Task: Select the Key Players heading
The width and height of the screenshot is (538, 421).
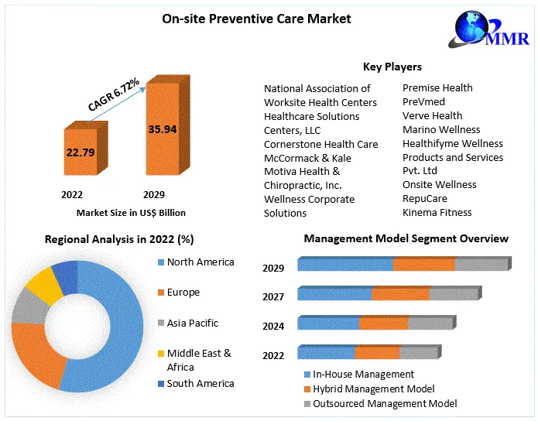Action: tap(392, 67)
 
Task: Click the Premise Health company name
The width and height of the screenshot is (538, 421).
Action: tap(437, 88)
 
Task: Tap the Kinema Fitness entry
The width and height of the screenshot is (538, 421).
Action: tap(437, 212)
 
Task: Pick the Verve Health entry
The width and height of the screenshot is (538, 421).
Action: tap(432, 116)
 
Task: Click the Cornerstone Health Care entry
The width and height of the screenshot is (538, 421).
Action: tap(320, 144)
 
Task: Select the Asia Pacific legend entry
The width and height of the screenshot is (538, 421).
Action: tap(192, 323)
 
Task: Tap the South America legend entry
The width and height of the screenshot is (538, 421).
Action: tap(200, 383)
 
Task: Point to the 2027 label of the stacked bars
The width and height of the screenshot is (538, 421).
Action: tap(273, 296)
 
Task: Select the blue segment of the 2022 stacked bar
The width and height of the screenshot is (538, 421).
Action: tap(326, 353)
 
